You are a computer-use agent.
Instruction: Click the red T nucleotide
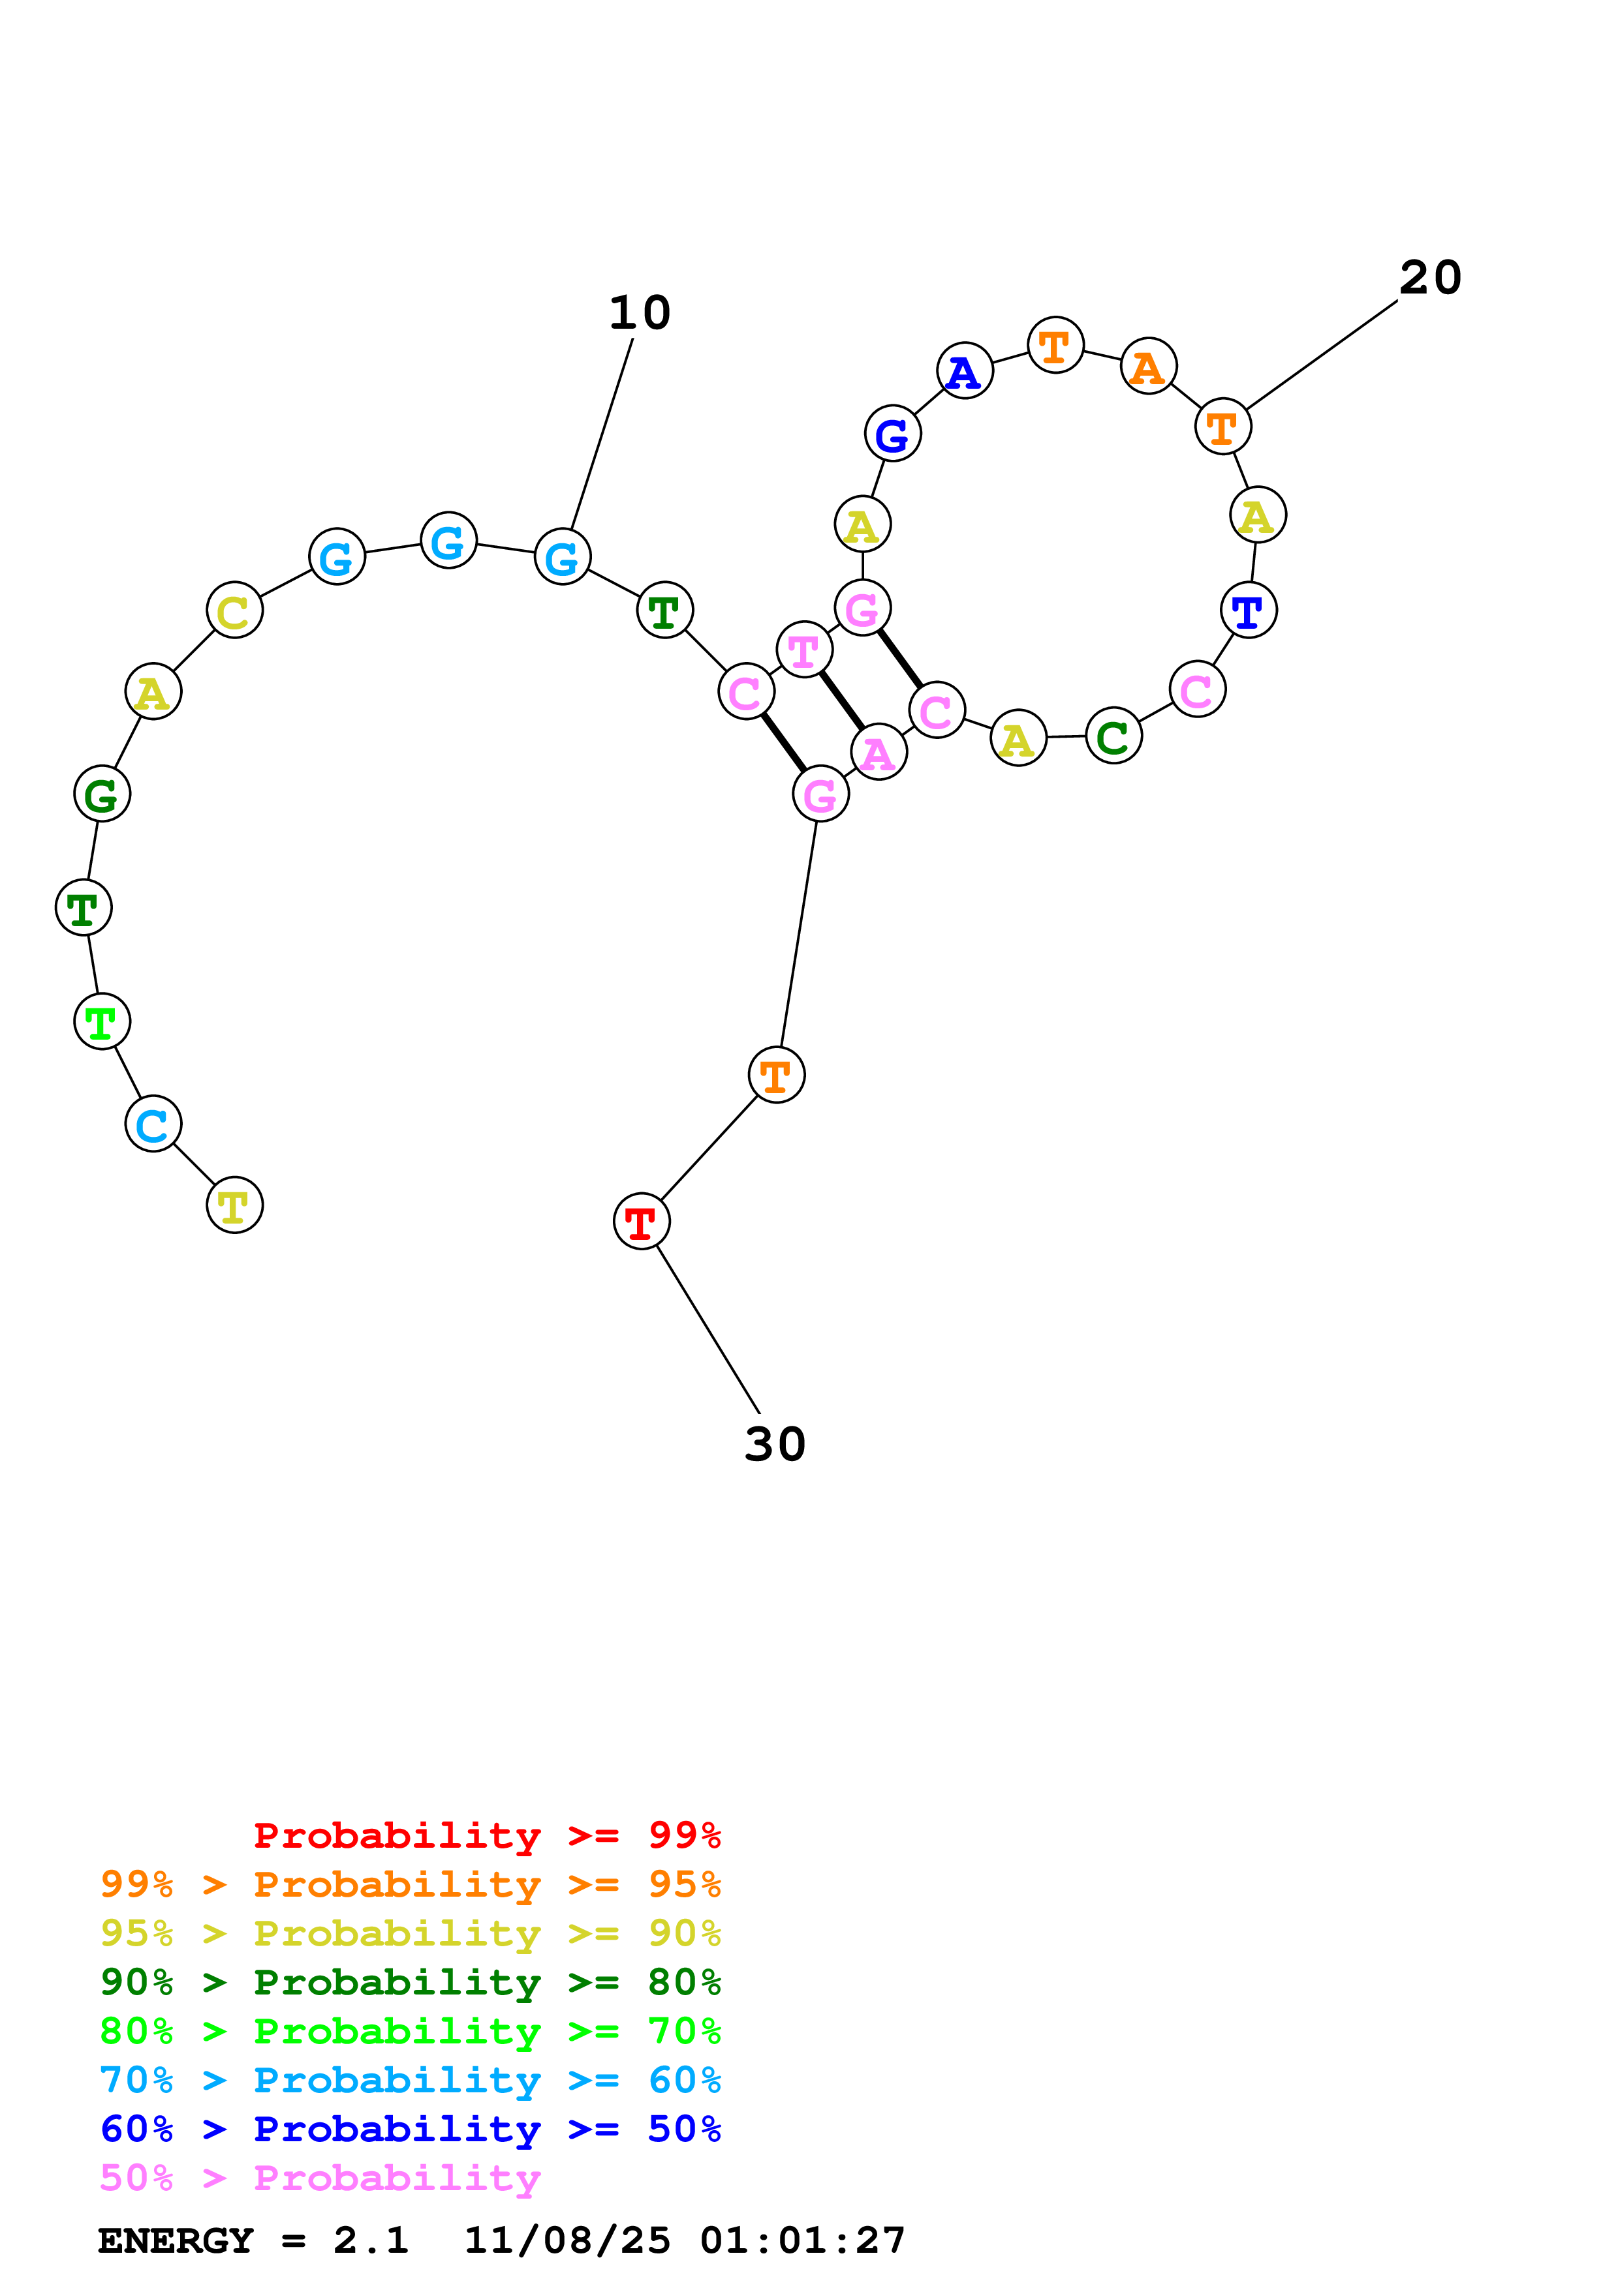[x=641, y=1222]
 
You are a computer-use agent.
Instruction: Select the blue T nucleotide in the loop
[x=1248, y=610]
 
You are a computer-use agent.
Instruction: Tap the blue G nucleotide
[x=892, y=434]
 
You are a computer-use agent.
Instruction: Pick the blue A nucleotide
[x=964, y=370]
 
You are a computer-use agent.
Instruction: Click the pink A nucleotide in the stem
[x=879, y=753]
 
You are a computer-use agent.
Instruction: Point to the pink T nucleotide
[x=803, y=650]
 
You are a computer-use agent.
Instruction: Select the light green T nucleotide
[x=102, y=1021]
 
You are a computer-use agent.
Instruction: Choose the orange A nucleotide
[x=1149, y=366]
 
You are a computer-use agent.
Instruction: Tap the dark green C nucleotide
[x=1113, y=736]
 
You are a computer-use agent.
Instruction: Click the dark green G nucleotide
[x=102, y=794]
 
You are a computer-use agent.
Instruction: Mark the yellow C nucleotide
[x=234, y=611]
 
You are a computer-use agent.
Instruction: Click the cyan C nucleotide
[x=153, y=1124]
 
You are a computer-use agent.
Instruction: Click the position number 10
[x=640, y=313]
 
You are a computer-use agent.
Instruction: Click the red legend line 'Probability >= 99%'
[x=486, y=1835]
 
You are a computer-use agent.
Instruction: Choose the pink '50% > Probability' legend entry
[x=320, y=2177]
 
